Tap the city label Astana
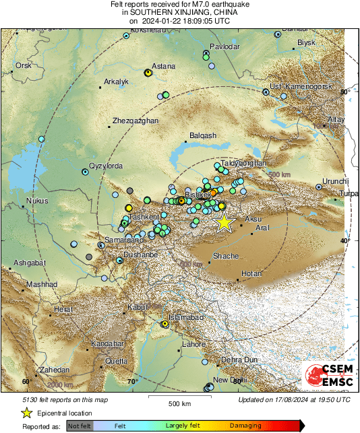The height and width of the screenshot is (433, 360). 164,66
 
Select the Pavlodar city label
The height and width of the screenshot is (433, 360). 225,46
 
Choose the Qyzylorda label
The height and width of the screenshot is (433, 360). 106,166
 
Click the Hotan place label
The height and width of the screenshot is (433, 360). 251,273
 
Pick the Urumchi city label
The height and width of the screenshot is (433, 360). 334,181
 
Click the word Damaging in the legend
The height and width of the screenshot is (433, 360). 245,426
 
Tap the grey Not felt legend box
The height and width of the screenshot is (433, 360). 80,426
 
